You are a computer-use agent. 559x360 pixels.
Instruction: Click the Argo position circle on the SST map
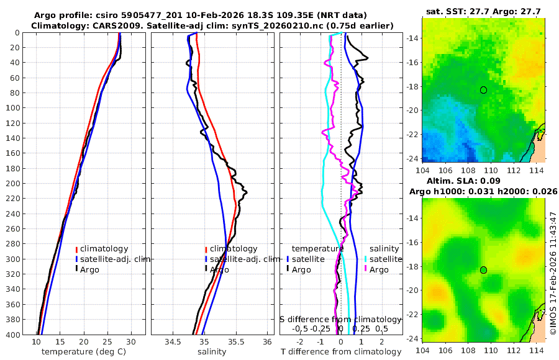click(483, 90)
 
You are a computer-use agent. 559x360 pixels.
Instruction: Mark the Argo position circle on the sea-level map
click(483, 270)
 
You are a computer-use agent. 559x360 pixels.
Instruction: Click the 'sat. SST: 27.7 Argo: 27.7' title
click(483, 12)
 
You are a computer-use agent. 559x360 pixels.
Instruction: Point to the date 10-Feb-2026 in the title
click(202, 14)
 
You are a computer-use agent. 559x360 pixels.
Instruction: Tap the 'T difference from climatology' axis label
click(340, 352)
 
